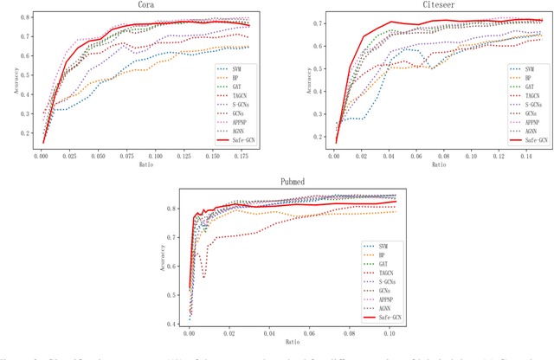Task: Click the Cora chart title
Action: click(x=146, y=5)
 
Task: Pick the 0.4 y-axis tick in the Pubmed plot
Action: click(x=173, y=324)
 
